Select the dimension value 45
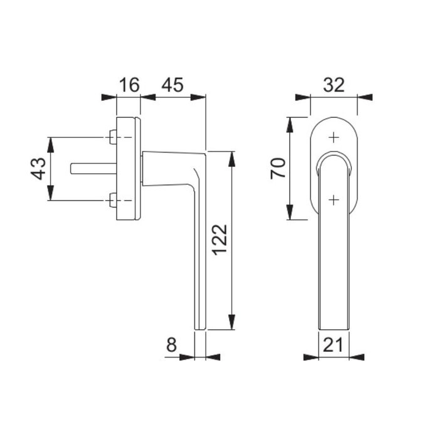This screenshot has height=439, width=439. [x=172, y=85]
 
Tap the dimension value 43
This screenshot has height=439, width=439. [x=38, y=169]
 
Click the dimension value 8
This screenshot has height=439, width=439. [x=172, y=344]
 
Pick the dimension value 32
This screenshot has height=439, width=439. [x=334, y=85]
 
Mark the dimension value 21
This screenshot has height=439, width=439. [x=334, y=344]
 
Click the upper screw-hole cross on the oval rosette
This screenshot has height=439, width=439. [x=334, y=136]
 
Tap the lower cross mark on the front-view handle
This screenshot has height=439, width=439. [x=334, y=199]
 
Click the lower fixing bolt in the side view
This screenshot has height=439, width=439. [x=112, y=201]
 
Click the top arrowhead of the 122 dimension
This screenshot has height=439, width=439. [x=231, y=157]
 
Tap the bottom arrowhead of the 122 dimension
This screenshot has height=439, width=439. [x=231, y=324]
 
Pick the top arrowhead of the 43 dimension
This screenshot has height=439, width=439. [x=51, y=143]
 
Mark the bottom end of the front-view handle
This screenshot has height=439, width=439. [x=334, y=328]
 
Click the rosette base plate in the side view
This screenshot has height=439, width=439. [x=129, y=169]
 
